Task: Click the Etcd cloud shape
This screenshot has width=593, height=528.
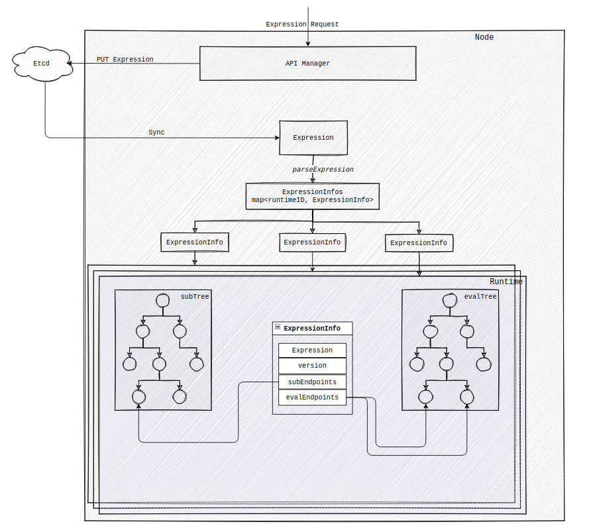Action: click(41, 64)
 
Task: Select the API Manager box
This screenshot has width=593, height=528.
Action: click(307, 64)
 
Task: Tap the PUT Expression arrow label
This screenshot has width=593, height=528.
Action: click(125, 60)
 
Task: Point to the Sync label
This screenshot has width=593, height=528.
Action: click(156, 132)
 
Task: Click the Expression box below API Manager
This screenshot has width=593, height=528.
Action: click(313, 138)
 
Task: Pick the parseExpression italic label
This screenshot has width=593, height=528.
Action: click(323, 170)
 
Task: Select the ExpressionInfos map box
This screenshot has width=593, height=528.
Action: click(312, 196)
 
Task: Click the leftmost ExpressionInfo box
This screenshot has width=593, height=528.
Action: click(195, 242)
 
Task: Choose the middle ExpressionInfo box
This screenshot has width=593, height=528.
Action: click(312, 242)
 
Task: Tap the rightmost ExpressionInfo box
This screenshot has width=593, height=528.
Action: click(418, 243)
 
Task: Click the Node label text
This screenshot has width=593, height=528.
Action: click(484, 37)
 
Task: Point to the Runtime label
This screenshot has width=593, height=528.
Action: click(506, 282)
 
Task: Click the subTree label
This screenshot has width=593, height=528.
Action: click(195, 297)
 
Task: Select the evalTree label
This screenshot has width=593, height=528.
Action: click(480, 297)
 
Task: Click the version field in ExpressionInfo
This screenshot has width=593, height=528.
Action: click(312, 366)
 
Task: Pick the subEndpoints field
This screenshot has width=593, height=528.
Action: click(312, 382)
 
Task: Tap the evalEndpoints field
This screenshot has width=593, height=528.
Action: click(312, 397)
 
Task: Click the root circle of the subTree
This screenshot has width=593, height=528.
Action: click(162, 301)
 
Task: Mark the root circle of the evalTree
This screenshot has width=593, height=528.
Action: click(450, 301)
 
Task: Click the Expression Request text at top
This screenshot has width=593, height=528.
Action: click(302, 25)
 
